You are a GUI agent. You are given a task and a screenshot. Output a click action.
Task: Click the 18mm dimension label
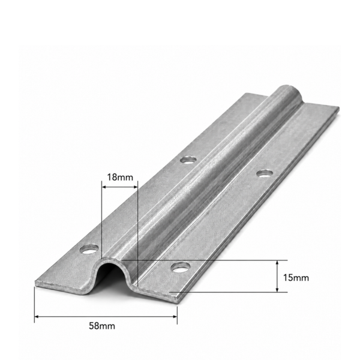120,177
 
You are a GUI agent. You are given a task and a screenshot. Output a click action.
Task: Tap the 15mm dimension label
296,278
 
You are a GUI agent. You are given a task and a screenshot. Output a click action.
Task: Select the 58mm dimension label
102,326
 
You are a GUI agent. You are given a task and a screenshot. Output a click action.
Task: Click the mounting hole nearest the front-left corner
89,249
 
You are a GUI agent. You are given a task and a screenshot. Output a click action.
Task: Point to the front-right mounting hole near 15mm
181,267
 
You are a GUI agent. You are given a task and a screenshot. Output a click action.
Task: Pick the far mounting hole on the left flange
188,160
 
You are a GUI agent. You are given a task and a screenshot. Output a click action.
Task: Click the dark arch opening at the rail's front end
111,277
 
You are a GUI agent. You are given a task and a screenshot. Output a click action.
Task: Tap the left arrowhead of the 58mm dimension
37,317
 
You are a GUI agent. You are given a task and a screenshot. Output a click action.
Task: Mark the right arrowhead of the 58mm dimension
175,317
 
